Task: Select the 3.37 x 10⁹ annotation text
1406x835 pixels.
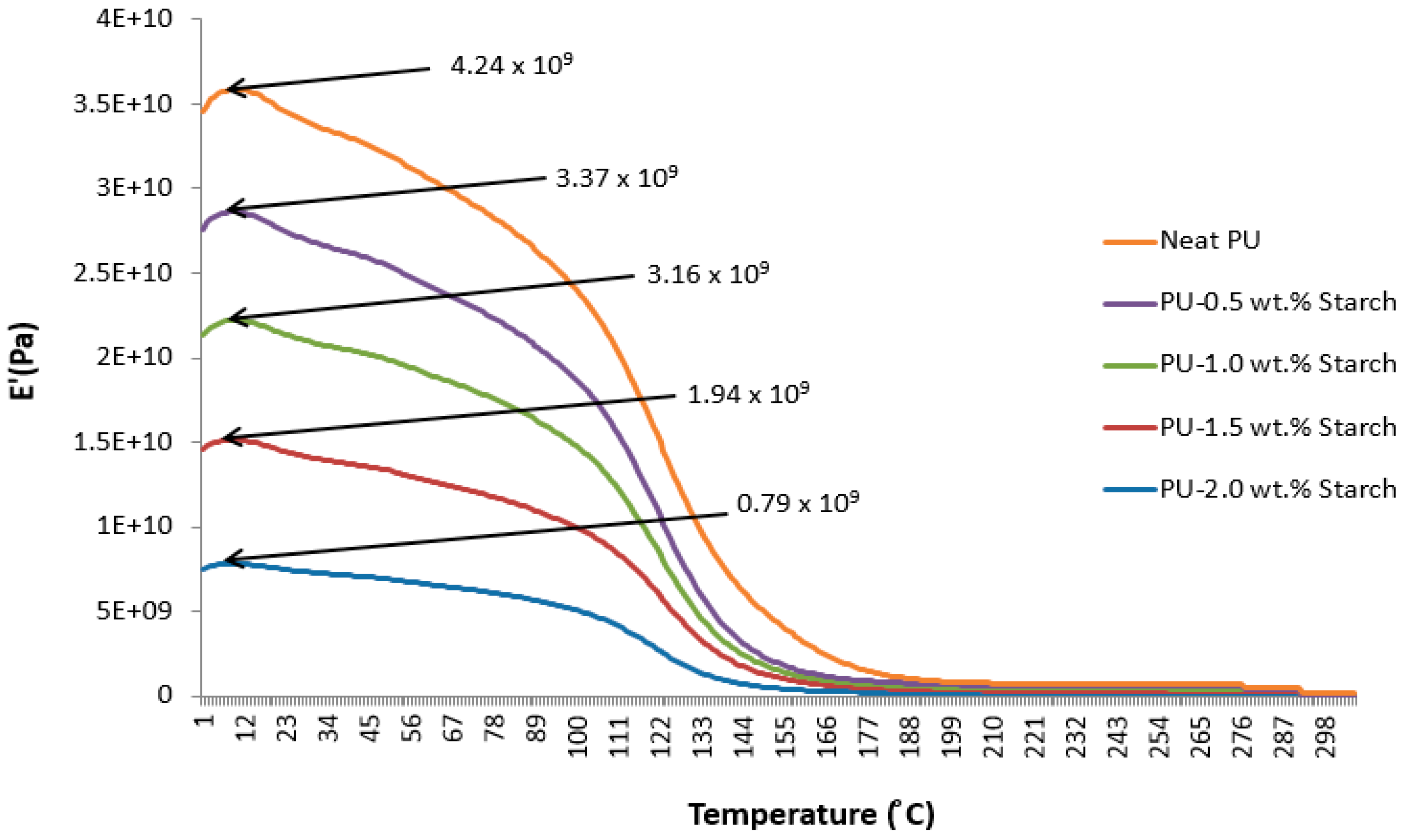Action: tap(616, 178)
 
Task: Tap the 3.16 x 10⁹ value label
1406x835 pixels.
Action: tap(708, 275)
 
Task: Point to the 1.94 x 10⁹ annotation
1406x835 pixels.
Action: tap(748, 395)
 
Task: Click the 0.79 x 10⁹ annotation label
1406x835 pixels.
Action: tap(798, 503)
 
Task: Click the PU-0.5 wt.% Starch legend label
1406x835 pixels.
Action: tap(1278, 303)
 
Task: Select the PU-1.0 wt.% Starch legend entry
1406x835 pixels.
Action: tap(1278, 364)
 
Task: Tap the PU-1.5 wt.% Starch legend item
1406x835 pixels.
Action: tap(1278, 428)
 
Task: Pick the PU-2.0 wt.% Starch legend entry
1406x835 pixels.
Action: tap(1278, 489)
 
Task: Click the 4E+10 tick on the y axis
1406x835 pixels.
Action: tap(134, 19)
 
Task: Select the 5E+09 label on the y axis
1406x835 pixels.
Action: tap(134, 611)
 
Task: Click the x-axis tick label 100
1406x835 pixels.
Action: tap(579, 737)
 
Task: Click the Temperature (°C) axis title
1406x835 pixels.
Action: tap(810, 814)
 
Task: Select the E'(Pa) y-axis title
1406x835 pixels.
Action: tap(23, 360)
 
